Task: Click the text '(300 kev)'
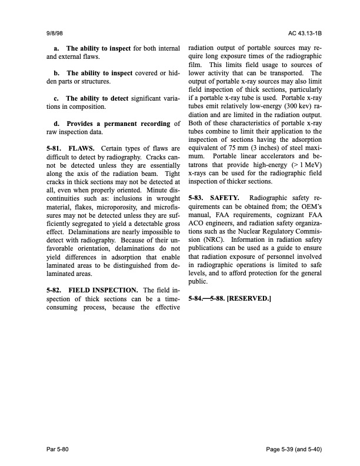coord(292,105)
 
